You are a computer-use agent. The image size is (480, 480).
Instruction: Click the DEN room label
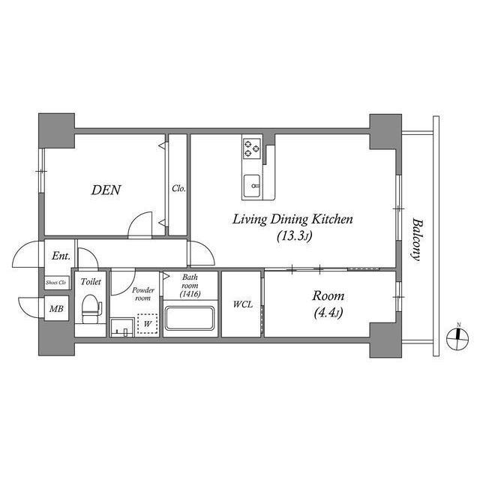106,190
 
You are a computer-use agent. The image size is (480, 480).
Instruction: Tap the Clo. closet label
178,189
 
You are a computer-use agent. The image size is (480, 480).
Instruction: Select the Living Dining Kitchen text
292,220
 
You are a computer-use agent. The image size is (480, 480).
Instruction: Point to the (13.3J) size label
291,237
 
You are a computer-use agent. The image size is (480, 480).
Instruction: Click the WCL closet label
241,304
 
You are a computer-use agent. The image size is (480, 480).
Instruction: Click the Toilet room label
91,282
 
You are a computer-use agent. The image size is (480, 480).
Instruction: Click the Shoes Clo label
56,283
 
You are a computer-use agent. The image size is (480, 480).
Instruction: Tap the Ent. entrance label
61,256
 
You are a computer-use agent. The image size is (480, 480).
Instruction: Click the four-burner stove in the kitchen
252,150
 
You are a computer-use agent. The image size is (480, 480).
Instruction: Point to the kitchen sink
252,182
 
